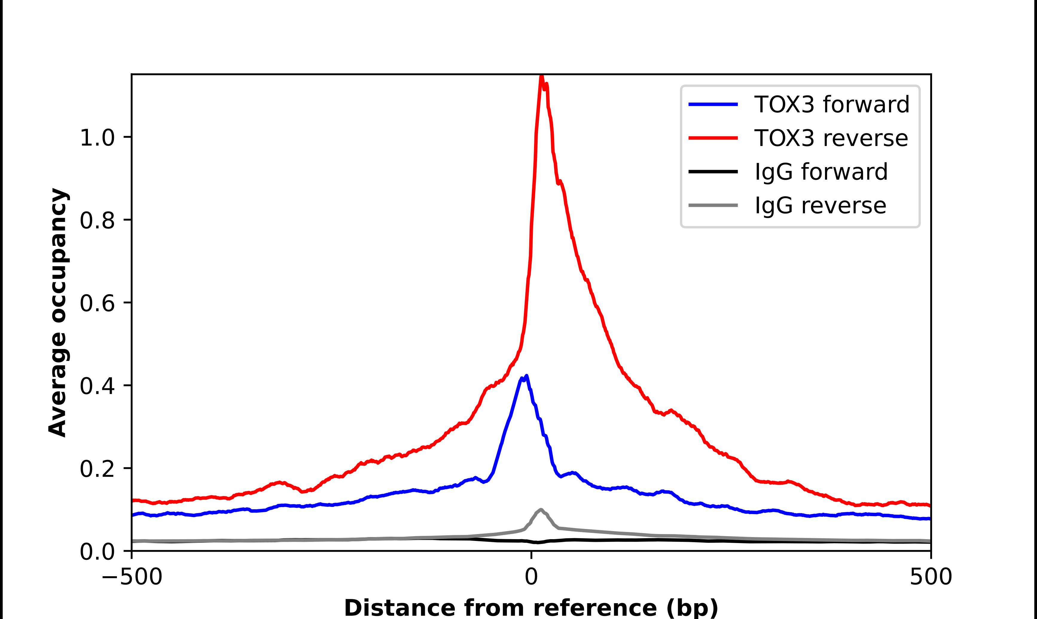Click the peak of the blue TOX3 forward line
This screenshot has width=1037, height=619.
527,376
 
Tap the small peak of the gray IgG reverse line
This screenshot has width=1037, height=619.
541,510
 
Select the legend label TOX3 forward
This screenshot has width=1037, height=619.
832,104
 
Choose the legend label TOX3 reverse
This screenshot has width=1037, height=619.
831,138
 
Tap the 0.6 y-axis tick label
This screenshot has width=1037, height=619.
97,303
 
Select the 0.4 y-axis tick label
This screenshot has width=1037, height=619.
97,386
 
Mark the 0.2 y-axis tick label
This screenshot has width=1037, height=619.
97,469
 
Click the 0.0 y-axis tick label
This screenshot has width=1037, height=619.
97,551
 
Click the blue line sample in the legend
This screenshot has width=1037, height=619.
713,104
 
